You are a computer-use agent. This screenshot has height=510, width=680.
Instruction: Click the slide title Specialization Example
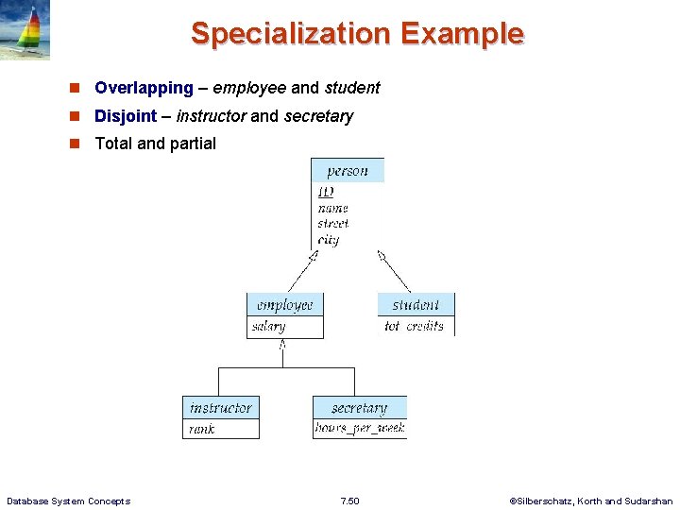[x=357, y=33]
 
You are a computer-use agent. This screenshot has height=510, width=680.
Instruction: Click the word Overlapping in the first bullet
[x=144, y=88]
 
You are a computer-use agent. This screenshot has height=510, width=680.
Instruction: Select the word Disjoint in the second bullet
[x=126, y=116]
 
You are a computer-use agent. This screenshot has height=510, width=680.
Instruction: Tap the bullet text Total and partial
[x=156, y=144]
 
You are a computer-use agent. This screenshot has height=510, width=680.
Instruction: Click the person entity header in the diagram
[x=348, y=171]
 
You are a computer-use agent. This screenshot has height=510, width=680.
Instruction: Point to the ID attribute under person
[x=326, y=192]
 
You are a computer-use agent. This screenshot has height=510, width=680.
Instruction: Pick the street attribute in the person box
[x=333, y=224]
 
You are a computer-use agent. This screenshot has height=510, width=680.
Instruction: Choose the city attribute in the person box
[x=329, y=240]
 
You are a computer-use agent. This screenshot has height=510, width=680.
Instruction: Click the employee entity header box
[x=285, y=305]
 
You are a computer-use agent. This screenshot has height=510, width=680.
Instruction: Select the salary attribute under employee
[x=269, y=327]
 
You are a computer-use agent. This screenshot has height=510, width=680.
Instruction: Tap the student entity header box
[x=416, y=305]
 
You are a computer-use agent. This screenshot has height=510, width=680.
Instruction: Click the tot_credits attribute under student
[x=414, y=327]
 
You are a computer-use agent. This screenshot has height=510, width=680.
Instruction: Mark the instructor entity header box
[x=221, y=408]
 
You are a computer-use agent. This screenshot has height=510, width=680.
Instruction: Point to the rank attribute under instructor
[x=202, y=429]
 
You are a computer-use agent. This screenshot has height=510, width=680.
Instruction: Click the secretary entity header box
[x=360, y=408]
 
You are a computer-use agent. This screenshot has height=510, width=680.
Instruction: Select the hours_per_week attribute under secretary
[x=360, y=429]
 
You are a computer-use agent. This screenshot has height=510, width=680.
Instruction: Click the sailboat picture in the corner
[x=25, y=30]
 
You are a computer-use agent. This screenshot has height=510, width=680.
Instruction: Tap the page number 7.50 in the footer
[x=349, y=501]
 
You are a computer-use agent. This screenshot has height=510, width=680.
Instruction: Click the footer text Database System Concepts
[x=68, y=501]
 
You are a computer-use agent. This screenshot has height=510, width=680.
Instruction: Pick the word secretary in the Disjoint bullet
[x=318, y=116]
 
